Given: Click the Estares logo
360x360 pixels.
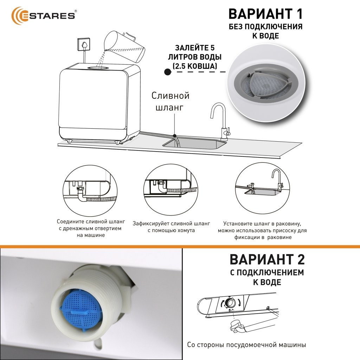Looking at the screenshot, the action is tap(44, 16).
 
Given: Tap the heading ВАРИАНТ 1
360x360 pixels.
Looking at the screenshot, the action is tap(266, 14).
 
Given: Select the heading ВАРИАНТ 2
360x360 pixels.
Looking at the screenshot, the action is tap(267, 259).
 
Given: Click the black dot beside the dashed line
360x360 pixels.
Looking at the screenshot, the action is tap(168, 72).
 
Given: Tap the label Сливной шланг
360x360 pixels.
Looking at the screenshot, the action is tap(171, 101).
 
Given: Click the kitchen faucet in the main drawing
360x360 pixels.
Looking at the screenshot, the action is tap(220, 122).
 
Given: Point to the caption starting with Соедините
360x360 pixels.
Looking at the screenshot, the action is tap(91, 228).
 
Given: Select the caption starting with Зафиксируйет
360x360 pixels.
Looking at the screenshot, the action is tap(171, 227).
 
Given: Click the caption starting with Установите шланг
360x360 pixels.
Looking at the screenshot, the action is tap(262, 230).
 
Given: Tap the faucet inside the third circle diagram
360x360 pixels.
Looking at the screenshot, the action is tap(277, 179).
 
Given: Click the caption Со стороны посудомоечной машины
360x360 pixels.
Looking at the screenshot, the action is tap(246, 345).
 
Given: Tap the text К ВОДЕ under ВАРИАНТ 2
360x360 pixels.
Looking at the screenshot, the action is tap(267, 282).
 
